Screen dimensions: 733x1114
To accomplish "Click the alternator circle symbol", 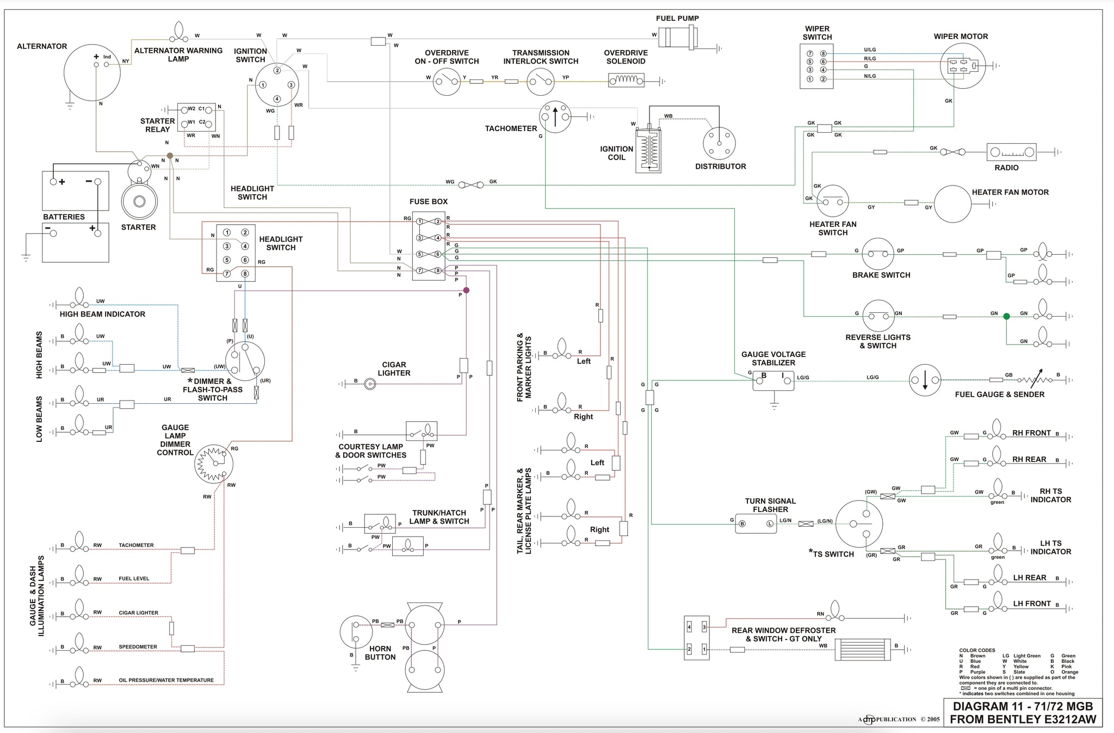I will coord(92,72).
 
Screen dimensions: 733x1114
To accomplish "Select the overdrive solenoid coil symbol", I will coord(626,81).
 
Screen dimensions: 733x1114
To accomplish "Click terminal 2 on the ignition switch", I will coord(277,70).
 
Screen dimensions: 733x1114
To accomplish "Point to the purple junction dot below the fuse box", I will coord(466,291).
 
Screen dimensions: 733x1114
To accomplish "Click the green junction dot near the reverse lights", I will coord(1006,316).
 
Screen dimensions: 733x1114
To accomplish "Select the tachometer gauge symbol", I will coord(555,116).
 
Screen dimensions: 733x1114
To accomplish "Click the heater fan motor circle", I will coord(952,204).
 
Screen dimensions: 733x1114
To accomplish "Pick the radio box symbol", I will coord(1011,152).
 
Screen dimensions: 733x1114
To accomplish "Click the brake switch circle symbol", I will coord(878,254).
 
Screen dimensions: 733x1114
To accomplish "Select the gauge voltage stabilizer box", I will coord(773,380).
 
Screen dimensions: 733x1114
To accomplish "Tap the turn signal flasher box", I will coord(756,523).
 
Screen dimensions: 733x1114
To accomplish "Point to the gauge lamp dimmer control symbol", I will coord(214,464).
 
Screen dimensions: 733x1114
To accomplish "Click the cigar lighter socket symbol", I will coord(370,384).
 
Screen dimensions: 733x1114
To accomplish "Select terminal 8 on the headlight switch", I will coord(245,274).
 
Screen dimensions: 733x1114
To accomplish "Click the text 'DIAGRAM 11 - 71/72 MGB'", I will coord(1023,706).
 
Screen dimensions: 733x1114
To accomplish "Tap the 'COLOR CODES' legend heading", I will coord(977,650).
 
